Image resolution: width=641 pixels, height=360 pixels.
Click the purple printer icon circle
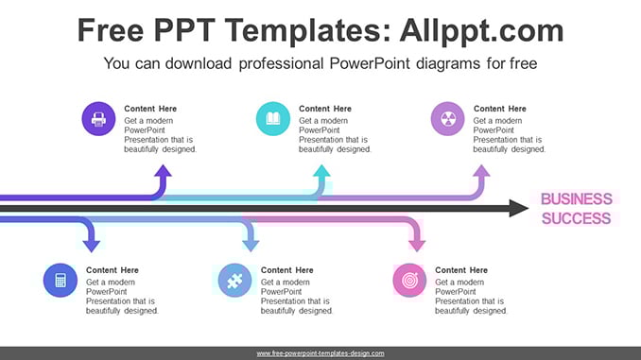[x=98, y=119]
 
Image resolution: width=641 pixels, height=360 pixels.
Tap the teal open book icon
[x=273, y=119]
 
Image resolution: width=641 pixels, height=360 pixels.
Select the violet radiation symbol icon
[x=447, y=119]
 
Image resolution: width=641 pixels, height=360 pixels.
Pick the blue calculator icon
[x=61, y=281]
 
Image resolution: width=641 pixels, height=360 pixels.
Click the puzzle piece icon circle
[x=234, y=281]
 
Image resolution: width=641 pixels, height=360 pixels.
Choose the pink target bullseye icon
[x=409, y=281]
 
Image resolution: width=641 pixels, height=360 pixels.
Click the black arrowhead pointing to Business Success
[x=519, y=209]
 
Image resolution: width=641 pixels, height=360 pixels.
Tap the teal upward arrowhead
[x=321, y=171]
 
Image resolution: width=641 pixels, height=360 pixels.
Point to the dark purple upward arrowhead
[x=164, y=171]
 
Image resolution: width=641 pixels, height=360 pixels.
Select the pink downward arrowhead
[x=417, y=245]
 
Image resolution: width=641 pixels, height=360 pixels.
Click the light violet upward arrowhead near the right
[x=481, y=171]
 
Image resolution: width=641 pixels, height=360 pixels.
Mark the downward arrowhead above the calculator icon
[x=91, y=245]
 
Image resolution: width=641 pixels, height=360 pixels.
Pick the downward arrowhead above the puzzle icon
[x=251, y=245]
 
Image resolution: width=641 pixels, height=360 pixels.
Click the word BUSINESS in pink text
[x=577, y=199]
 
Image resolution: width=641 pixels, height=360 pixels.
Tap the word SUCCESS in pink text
[x=577, y=218]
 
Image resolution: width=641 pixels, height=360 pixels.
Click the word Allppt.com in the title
[x=481, y=30]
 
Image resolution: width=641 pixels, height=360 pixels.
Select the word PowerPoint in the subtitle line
[x=370, y=63]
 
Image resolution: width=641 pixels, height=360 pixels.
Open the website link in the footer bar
[x=320, y=353]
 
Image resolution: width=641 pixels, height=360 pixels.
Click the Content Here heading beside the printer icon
[x=150, y=109]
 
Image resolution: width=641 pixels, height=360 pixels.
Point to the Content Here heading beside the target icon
[x=461, y=270]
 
